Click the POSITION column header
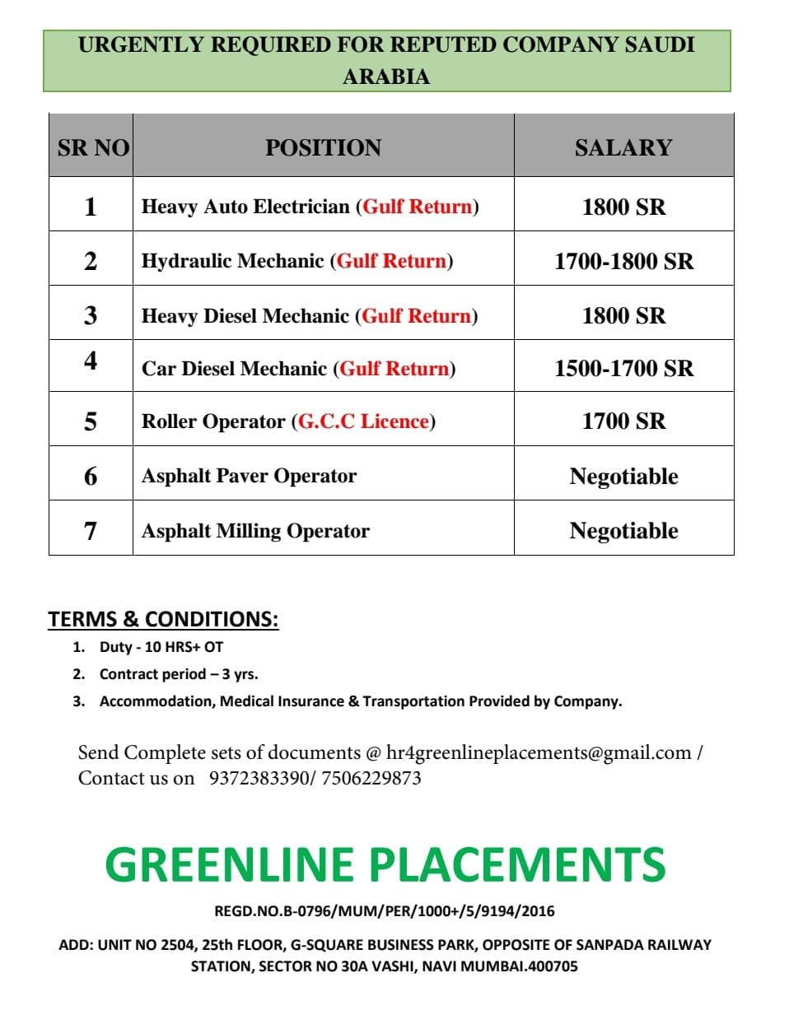click(323, 148)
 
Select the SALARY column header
click(623, 148)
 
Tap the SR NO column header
click(93, 148)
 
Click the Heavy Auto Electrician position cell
click(310, 206)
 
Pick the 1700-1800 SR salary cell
click(623, 262)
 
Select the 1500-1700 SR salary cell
click(623, 368)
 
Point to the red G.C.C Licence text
click(363, 421)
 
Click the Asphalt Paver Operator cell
click(249, 476)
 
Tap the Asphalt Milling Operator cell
click(255, 531)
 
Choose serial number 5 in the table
click(91, 421)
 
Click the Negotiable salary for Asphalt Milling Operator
click(623, 531)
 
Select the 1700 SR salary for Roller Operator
click(623, 421)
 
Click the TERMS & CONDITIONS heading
click(163, 619)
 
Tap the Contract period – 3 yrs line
click(179, 674)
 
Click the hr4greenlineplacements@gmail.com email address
click(539, 752)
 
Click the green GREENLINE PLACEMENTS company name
click(385, 864)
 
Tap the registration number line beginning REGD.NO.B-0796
click(385, 911)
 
